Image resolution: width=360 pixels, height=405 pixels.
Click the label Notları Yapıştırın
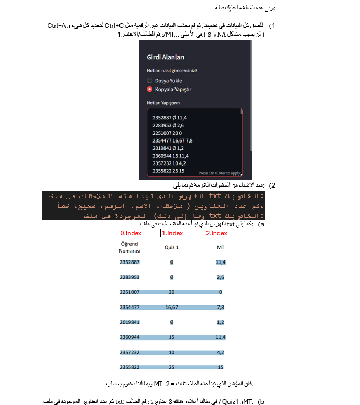pyautogui.click(x=163, y=103)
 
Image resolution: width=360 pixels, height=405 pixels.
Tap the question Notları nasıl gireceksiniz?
pyautogui.click(x=176, y=71)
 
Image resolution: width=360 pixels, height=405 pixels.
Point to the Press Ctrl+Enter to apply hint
pyautogui.click(x=220, y=173)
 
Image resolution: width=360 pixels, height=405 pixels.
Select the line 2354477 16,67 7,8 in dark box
pyautogui.click(x=173, y=140)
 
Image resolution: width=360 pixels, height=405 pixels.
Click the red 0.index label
pyautogui.click(x=130, y=233)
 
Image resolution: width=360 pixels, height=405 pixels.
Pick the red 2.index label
pyautogui.click(x=216, y=233)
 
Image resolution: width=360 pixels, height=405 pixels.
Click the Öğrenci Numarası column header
pyautogui.click(x=129, y=248)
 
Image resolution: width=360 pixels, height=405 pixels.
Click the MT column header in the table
pyautogui.click(x=220, y=248)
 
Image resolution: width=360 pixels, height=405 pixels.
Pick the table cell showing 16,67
pyautogui.click(x=171, y=307)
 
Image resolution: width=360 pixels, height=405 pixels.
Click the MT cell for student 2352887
pyautogui.click(x=220, y=262)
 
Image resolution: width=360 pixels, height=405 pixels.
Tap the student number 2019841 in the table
pyautogui.click(x=129, y=322)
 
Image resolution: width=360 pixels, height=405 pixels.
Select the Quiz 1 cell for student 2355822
pyautogui.click(x=171, y=367)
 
